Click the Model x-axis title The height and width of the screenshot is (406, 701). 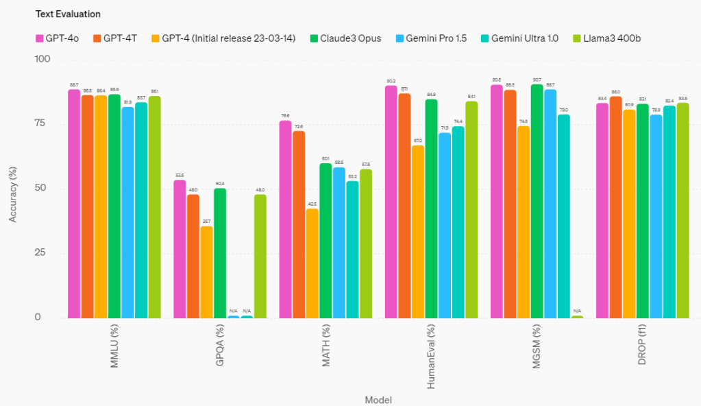[x=378, y=399]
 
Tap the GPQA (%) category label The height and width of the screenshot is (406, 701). [x=220, y=350]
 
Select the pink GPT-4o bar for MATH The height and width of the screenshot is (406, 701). [x=285, y=219]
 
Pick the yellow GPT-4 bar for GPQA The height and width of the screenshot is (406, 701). [x=206, y=272]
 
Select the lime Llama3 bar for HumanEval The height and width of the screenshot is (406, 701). [x=471, y=210]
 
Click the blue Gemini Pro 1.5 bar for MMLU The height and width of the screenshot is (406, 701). [x=128, y=213]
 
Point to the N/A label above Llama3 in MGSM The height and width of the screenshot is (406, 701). [x=577, y=311]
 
